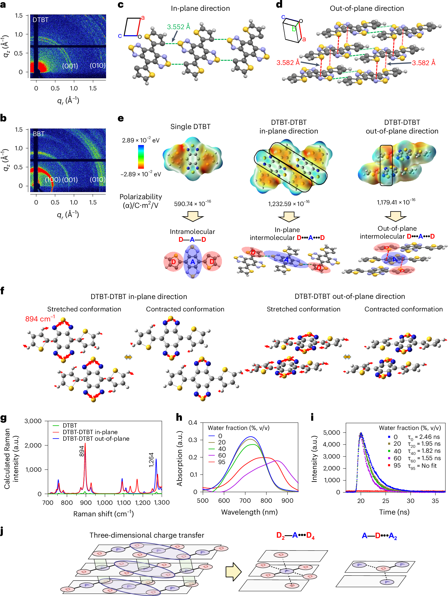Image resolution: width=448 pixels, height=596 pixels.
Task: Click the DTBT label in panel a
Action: click(40, 20)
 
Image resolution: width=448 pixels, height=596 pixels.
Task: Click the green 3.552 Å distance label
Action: click(179, 27)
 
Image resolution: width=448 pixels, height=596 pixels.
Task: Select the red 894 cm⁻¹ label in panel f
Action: click(40, 319)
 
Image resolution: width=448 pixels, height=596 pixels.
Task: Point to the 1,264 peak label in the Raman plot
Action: click(151, 460)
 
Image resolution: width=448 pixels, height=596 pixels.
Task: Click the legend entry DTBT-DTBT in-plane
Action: click(90, 432)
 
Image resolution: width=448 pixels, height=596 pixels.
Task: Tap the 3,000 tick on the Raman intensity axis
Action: click(33, 421)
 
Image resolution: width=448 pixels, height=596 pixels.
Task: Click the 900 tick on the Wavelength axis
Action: click(287, 501)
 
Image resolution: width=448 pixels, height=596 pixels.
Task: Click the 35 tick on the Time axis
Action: click(435, 501)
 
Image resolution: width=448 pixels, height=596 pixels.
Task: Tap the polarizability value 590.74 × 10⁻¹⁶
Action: click(192, 203)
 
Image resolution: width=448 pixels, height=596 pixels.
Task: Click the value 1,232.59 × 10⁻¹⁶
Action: click(289, 203)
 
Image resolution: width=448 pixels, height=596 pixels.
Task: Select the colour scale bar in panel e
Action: click(141, 157)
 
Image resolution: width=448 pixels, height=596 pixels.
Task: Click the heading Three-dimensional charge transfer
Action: click(147, 535)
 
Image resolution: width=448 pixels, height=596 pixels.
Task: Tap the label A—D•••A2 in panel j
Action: click(379, 536)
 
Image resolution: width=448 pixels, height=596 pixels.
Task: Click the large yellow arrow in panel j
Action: click(233, 572)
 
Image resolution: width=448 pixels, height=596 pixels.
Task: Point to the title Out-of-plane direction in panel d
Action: click(367, 8)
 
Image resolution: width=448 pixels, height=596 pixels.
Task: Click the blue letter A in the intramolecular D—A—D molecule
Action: click(192, 262)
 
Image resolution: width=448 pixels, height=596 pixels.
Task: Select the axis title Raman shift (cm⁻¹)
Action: click(103, 514)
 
